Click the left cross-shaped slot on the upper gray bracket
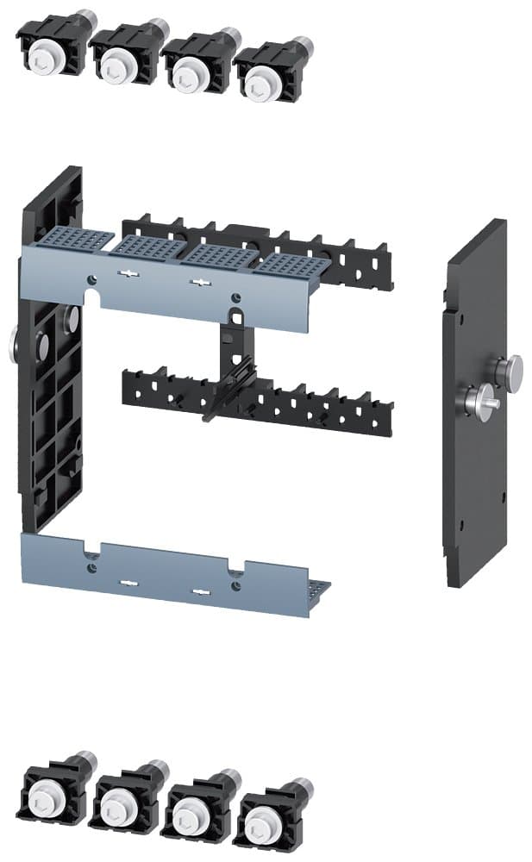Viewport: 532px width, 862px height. [x=128, y=274]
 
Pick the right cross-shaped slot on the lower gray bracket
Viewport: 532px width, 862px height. [x=200, y=592]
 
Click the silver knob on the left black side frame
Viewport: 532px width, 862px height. [x=14, y=344]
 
